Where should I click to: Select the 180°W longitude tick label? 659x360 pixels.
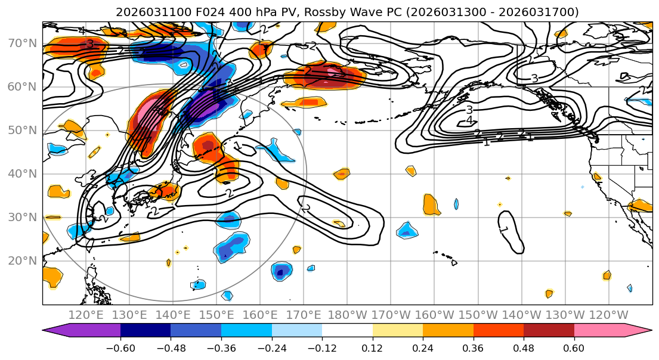click(x=347, y=315)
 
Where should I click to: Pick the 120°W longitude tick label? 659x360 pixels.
click(x=608, y=315)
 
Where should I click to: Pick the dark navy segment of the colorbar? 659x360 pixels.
click(x=146, y=331)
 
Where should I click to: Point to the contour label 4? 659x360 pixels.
click(x=469, y=120)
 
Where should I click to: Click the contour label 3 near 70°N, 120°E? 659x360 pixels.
click(x=89, y=44)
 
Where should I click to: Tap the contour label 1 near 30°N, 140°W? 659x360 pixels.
click(x=504, y=228)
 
